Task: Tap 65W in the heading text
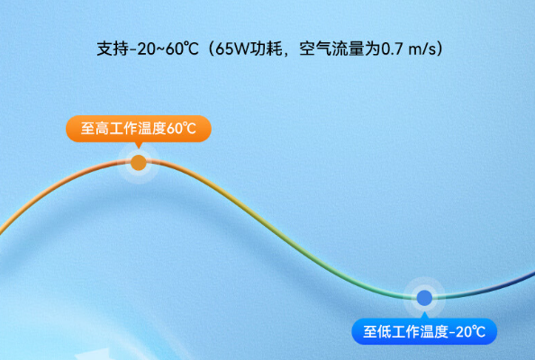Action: (x=235, y=48)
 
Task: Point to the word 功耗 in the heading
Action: (x=270, y=48)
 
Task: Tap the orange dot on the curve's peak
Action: (x=138, y=163)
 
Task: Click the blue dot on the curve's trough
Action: (x=424, y=296)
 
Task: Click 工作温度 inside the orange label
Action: (x=139, y=129)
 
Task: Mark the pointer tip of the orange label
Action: (x=138, y=147)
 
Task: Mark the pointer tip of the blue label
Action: (x=424, y=314)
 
